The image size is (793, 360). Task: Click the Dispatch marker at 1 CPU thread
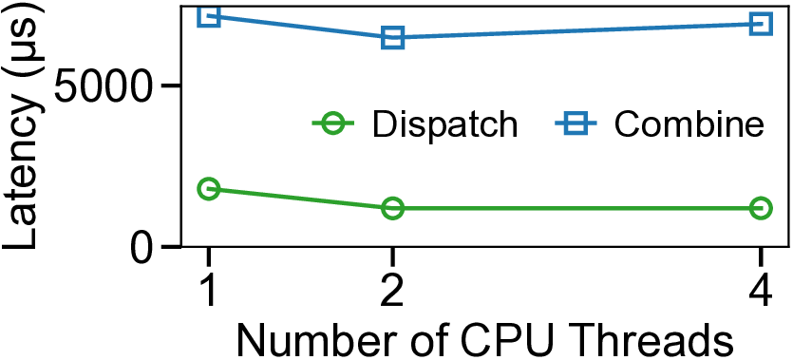click(208, 189)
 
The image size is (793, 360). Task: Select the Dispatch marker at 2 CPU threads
click(392, 208)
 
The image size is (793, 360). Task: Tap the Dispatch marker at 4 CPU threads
click(761, 208)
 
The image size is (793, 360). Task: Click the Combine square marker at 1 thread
click(208, 15)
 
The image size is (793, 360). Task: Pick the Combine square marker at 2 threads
click(392, 38)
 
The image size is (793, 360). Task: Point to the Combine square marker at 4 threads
click(761, 24)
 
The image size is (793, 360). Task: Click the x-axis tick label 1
click(208, 286)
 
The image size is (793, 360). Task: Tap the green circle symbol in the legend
click(331, 123)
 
